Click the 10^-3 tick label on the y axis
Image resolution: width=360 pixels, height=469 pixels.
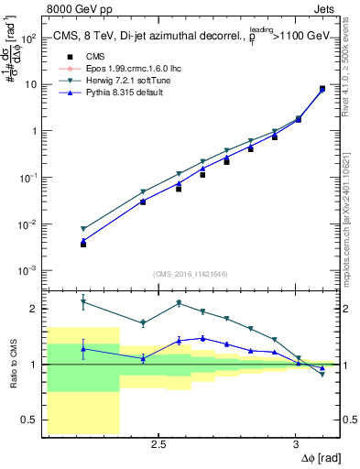31,270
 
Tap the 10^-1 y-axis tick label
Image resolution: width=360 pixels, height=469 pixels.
31,178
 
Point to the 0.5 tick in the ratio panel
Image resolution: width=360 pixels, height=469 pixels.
29,420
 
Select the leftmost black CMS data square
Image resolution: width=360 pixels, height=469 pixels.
83,245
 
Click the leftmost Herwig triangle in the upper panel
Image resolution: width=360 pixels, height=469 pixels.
83,229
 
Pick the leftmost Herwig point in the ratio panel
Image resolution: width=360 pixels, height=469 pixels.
83,301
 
